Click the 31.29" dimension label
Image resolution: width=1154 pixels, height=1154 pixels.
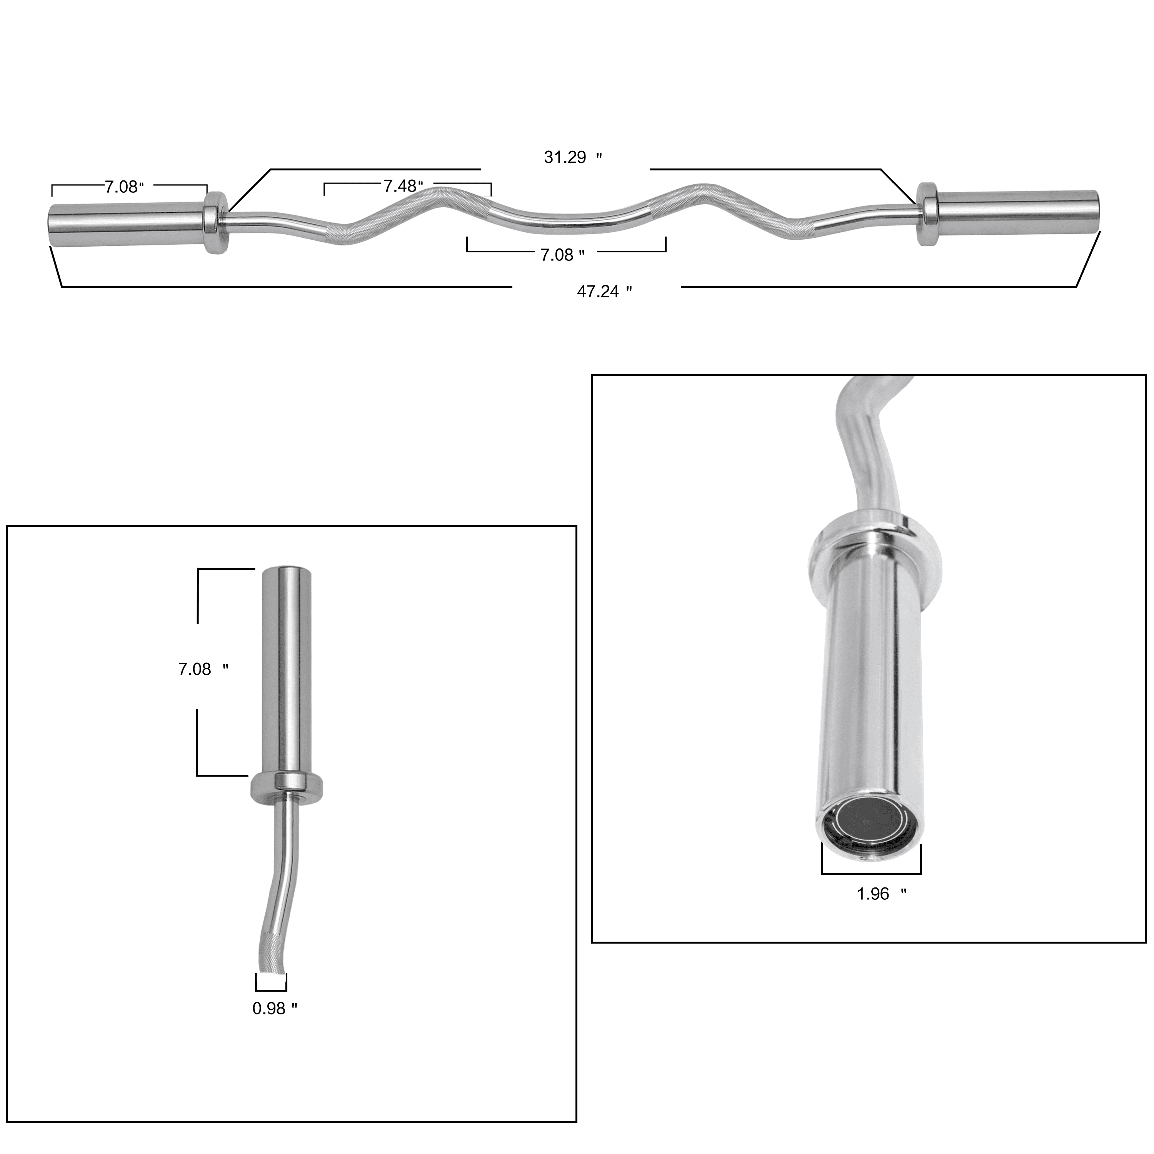point(573,158)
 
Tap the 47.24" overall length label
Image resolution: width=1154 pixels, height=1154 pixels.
point(604,292)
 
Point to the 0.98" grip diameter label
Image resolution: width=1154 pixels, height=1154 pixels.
point(275,1009)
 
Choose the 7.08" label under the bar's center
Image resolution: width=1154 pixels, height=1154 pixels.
point(562,255)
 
